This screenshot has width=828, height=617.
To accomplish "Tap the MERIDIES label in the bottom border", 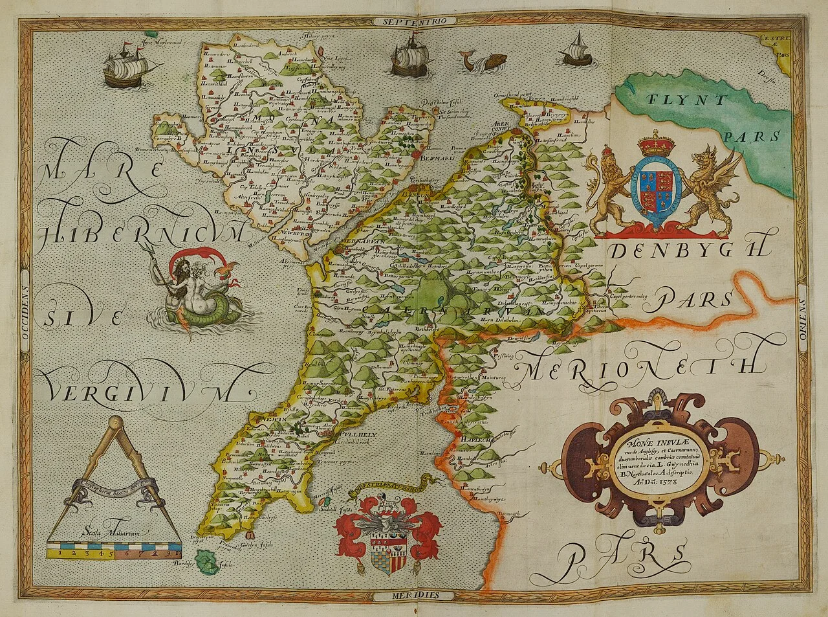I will [415, 594].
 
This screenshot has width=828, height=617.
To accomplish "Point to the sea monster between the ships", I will [482, 62].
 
